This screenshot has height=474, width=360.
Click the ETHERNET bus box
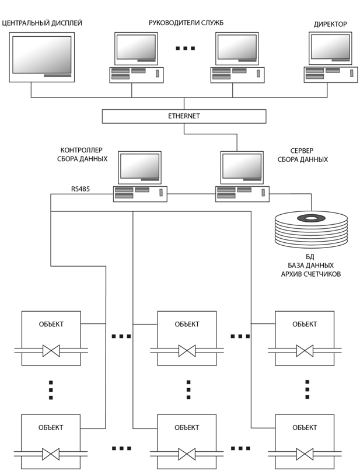184,116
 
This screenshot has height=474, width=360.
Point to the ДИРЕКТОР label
330,25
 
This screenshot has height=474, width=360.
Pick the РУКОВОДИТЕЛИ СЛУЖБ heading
186,23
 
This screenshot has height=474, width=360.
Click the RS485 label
80,189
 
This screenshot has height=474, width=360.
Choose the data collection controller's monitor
139,168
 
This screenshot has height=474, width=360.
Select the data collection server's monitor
242,168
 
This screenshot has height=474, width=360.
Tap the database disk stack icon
311,228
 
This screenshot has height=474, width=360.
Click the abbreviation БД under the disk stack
311,257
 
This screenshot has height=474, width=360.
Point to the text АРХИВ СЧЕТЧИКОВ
311,274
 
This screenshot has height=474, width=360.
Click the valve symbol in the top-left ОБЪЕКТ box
51,351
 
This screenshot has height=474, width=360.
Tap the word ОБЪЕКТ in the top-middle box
187,324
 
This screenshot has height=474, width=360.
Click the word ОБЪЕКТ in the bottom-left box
51,427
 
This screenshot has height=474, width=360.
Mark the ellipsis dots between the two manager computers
185,48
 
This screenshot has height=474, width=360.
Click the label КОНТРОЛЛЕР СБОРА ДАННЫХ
84,155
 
